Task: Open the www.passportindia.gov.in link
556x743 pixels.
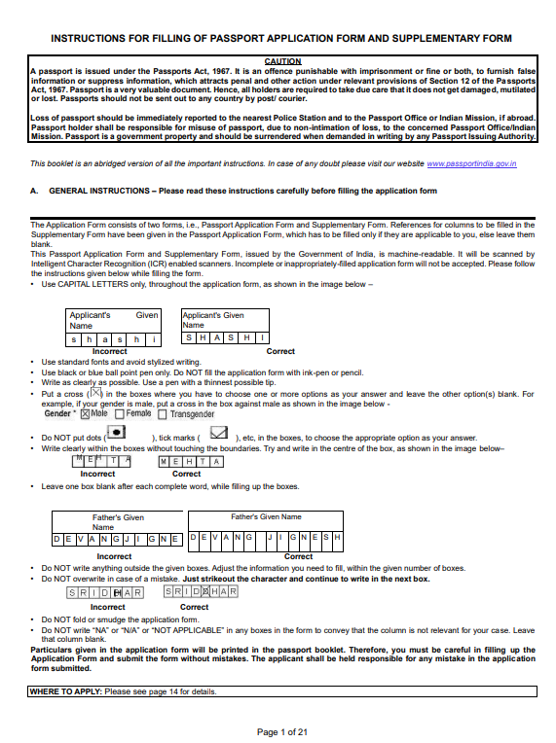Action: (x=471, y=163)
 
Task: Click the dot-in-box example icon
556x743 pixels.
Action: (x=116, y=431)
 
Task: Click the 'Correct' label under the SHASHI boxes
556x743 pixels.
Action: (x=280, y=351)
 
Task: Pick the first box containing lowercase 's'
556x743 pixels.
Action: (x=75, y=339)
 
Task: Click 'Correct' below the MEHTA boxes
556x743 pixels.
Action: (x=186, y=474)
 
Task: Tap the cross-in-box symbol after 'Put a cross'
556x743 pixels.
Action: (x=95, y=394)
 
